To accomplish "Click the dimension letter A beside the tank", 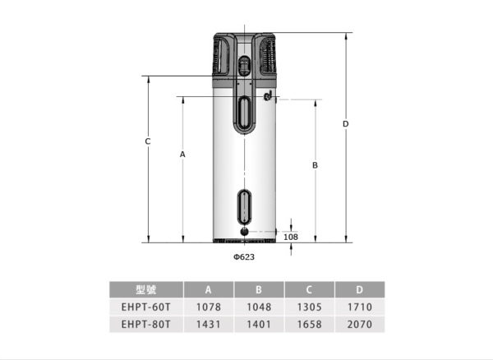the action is tap(182, 155).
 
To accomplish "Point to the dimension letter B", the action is tap(315, 165).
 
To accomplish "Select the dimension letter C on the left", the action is tap(147, 141).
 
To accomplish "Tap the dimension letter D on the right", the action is tap(346, 124).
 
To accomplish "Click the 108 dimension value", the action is tap(291, 237).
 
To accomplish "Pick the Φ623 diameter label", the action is tap(244, 257).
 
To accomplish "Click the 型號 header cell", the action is tap(146, 289).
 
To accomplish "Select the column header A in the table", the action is tap(208, 289).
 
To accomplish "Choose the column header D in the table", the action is tap(359, 289).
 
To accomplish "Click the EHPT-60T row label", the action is tap(146, 307).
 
